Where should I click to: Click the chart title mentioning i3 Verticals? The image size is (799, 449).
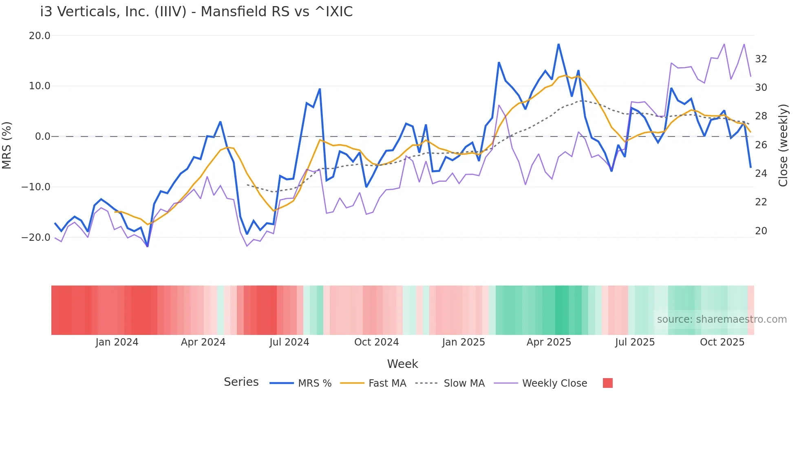(196, 12)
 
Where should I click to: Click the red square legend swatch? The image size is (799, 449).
(607, 383)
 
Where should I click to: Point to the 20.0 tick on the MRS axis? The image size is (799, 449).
(40, 36)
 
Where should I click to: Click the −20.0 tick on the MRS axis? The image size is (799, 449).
(36, 237)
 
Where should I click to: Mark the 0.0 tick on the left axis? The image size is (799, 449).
(42, 136)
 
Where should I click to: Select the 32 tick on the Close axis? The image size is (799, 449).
(761, 59)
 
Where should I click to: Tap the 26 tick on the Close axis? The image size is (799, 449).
(761, 145)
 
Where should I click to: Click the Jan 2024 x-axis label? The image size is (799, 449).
(117, 342)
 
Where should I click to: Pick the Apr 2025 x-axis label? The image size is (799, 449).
(549, 342)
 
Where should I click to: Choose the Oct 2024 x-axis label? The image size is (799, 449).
(376, 342)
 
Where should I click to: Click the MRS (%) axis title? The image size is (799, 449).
(7, 145)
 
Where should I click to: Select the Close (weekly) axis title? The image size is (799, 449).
(783, 145)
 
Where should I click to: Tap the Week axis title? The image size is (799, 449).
(402, 364)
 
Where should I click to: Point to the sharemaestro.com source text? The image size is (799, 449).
(722, 319)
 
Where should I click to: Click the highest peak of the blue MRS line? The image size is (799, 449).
(558, 44)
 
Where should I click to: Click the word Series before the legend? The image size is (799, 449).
(241, 382)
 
